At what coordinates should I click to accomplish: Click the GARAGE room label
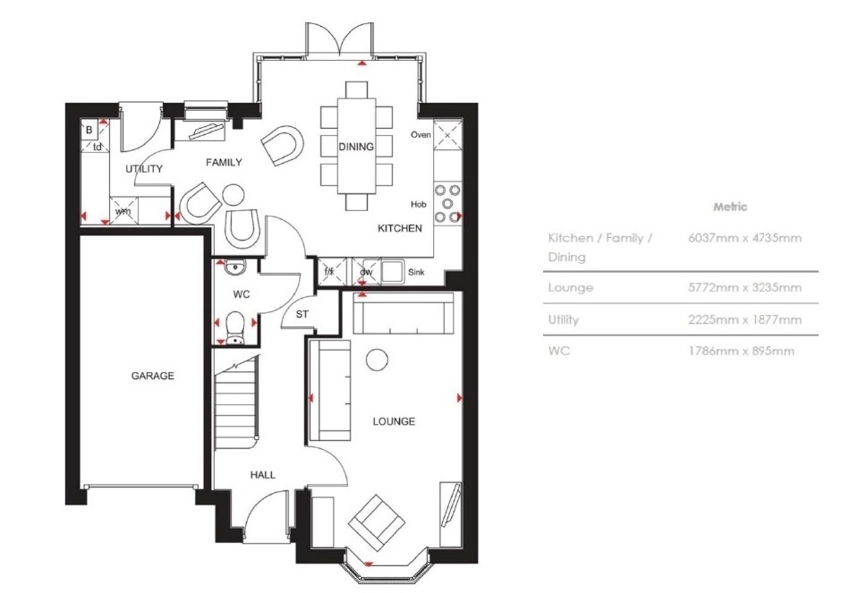[153, 376]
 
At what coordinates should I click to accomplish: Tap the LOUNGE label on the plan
[394, 421]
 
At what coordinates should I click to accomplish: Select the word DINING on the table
[356, 147]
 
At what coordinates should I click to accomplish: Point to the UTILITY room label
[144, 169]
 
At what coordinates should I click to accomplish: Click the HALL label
[263, 475]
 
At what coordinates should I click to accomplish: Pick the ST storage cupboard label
[302, 314]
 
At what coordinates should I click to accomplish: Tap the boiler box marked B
[89, 130]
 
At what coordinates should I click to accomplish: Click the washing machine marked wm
[123, 209]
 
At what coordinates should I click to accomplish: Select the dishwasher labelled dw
[366, 271]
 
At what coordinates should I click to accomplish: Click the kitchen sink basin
[393, 271]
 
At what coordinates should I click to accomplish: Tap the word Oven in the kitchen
[421, 134]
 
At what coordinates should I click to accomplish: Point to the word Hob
[419, 204]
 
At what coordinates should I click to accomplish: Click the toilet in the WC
[235, 328]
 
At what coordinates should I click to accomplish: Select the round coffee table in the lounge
[377, 360]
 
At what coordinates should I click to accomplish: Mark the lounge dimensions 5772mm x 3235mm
[745, 287]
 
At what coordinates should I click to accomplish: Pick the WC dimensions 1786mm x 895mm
[741, 352]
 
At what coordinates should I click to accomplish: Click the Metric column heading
[730, 207]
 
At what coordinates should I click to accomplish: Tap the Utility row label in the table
[563, 319]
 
